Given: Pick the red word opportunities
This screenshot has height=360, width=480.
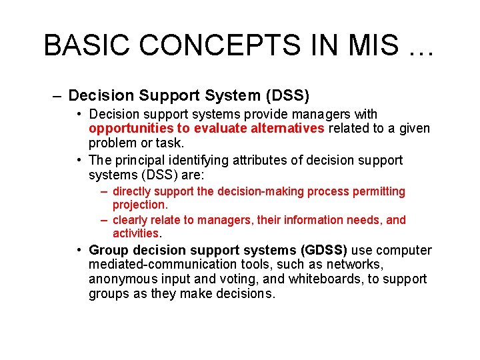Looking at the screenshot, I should click(x=127, y=129).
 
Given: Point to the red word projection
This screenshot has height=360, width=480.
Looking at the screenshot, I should click(x=140, y=205).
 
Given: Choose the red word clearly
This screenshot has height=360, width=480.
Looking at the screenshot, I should click(x=131, y=220).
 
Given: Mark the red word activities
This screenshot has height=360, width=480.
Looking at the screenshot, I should click(x=136, y=233).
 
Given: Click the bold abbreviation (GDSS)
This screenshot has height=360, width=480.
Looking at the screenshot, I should click(x=324, y=251).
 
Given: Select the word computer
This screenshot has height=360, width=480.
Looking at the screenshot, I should click(x=405, y=251).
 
